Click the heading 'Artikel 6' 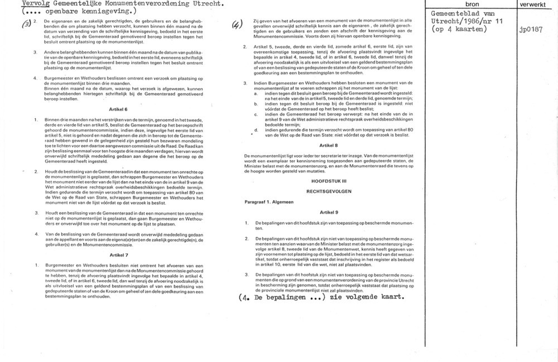pos(118,109)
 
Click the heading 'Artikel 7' pos(118,254)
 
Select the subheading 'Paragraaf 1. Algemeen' pos(268,201)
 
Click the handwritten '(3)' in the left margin pos(25,23)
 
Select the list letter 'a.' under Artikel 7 pos(256,93)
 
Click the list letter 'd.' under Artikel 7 pos(256,130)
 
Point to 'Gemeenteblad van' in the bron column pos(459,14)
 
